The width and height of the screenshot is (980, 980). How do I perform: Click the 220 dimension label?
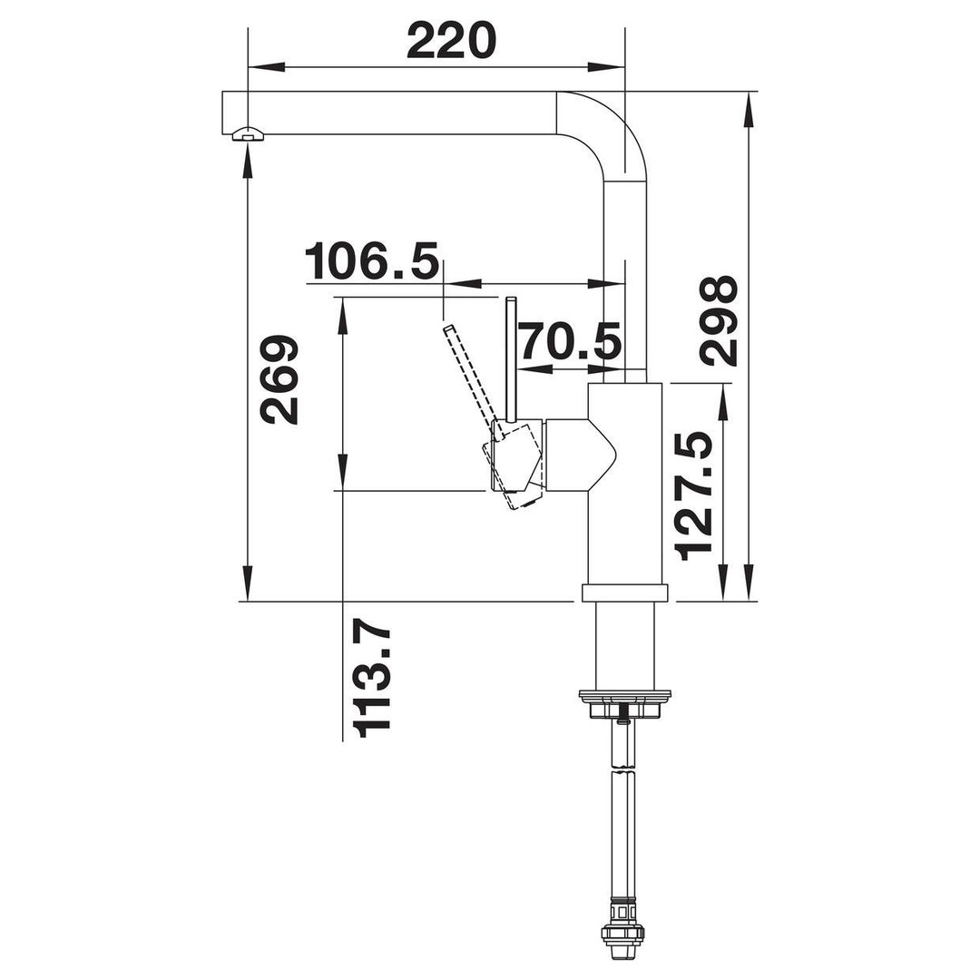pyautogui.click(x=451, y=41)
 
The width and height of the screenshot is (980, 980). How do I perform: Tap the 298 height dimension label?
pyautogui.click(x=719, y=320)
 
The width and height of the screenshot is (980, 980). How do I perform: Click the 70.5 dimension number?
pyautogui.click(x=571, y=341)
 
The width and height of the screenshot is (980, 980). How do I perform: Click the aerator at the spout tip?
pyautogui.click(x=247, y=134)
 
